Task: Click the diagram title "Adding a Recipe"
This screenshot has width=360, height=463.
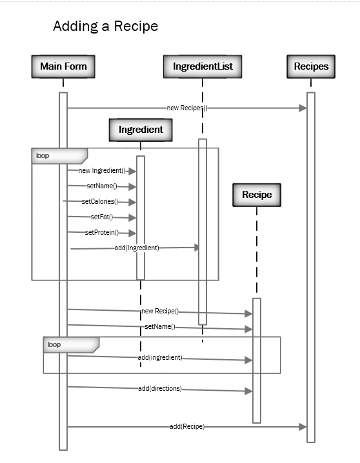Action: pyautogui.click(x=105, y=26)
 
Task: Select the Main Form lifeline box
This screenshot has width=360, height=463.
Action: pyautogui.click(x=63, y=66)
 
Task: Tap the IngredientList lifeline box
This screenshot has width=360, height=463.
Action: pyautogui.click(x=203, y=66)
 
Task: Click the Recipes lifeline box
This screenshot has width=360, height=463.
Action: pyautogui.click(x=311, y=66)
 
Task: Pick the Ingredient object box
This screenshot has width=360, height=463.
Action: pyautogui.click(x=141, y=130)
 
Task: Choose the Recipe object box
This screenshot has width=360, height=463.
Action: pyautogui.click(x=257, y=194)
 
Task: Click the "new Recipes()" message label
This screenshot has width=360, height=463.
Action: pyautogui.click(x=186, y=108)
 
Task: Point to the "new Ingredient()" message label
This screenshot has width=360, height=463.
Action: pyautogui.click(x=102, y=171)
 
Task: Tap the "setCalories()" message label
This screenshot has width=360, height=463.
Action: pyautogui.click(x=100, y=202)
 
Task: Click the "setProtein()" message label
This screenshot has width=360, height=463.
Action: pyautogui.click(x=102, y=233)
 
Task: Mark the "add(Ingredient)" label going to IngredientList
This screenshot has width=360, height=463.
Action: pyautogui.click(x=137, y=248)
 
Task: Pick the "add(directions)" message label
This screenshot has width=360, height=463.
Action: pyautogui.click(x=160, y=389)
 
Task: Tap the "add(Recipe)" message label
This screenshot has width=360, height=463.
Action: pyautogui.click(x=187, y=426)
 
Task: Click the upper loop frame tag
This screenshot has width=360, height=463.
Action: pyautogui.click(x=43, y=155)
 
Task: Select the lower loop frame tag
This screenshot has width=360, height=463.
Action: pyautogui.click(x=54, y=345)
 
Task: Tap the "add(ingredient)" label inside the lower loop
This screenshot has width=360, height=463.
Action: pyautogui.click(x=160, y=357)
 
